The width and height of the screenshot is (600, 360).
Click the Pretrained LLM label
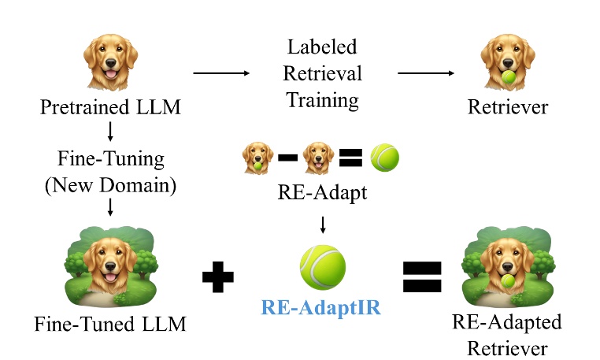tap(110, 107)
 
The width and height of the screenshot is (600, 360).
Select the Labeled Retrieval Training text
tap(323, 74)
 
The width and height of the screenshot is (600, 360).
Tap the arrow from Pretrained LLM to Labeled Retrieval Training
tap(221, 74)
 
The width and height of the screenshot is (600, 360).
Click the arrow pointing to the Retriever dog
tap(426, 74)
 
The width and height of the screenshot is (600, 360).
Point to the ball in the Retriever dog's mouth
tap(509, 78)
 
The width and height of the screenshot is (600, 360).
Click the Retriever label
tap(509, 107)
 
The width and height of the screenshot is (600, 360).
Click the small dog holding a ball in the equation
tap(258, 157)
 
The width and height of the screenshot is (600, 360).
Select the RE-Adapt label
tap(323, 192)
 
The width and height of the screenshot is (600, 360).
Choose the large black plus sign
tap(218, 278)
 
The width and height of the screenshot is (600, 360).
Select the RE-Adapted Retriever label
tap(508, 334)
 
